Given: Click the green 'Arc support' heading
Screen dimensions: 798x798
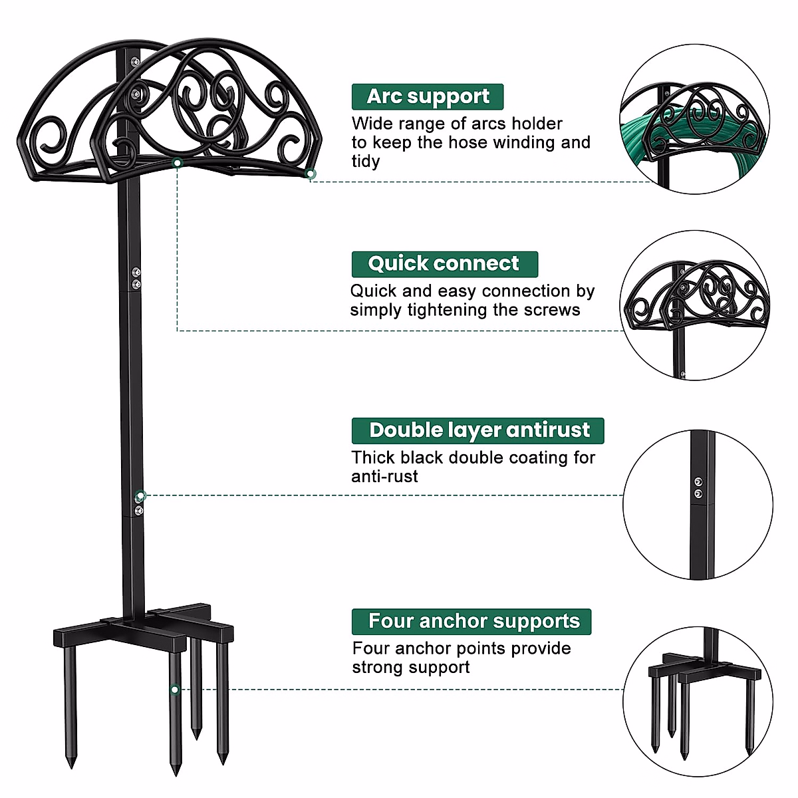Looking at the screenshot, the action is pyautogui.click(x=428, y=96).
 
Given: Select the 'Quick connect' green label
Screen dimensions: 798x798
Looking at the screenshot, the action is pyautogui.click(x=444, y=263).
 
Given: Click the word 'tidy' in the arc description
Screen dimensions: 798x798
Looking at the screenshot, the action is pyautogui.click(x=366, y=162).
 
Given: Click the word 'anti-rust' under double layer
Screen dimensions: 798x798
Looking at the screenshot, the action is pyautogui.click(x=384, y=477).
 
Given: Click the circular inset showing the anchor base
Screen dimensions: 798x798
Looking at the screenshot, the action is pyautogui.click(x=698, y=702).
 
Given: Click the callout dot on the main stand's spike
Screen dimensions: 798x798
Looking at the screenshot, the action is pyautogui.click(x=174, y=690).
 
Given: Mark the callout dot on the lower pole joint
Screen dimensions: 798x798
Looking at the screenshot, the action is pyautogui.click(x=140, y=495).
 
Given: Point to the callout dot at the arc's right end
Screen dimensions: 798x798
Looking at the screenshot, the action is pyautogui.click(x=311, y=174).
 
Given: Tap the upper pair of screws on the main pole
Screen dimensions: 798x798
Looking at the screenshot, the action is pyautogui.click(x=136, y=278).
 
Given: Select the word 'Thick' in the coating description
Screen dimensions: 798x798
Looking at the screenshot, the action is pyautogui.click(x=373, y=458).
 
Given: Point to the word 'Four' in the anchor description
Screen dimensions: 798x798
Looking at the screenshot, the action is pyautogui.click(x=370, y=648).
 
